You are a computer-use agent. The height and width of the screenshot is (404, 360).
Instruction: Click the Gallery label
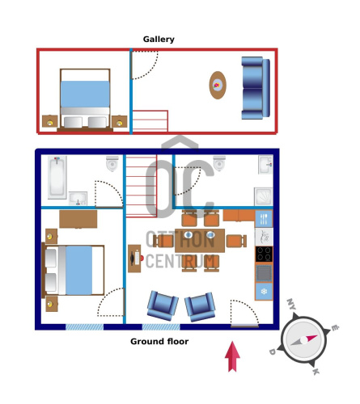coord(159,40)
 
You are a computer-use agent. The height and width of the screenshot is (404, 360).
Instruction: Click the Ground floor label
coord(159,342)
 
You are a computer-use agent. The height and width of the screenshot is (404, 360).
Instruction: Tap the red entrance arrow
coord(232,356)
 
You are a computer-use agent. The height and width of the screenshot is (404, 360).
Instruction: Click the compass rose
coord(304,339)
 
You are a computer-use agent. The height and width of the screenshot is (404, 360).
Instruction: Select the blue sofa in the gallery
coord(256,88)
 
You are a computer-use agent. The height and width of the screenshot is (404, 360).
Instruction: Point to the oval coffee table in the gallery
coord(218,85)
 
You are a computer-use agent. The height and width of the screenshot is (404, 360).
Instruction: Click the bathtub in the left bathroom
coord(57,178)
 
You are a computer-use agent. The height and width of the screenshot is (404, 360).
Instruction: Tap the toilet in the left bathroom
coord(112,163)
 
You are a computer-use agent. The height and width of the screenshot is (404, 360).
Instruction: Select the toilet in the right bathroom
coord(219,163)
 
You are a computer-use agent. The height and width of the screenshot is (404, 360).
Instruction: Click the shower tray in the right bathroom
coord(264,196)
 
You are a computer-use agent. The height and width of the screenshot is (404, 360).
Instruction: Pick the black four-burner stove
coord(264,254)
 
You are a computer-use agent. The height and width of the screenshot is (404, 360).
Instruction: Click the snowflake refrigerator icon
coord(264,291)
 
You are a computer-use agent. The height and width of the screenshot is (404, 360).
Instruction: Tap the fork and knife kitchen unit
coord(264,219)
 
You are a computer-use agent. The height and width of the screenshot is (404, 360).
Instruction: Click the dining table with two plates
coord(200,240)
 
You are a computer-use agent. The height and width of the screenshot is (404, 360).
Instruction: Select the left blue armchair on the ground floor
coord(163,305)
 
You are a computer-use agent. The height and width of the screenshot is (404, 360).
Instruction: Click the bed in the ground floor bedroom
coord(73,270)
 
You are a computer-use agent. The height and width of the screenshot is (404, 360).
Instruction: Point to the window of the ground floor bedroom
coord(84,327)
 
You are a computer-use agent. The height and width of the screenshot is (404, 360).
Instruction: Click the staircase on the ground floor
coord(142,186)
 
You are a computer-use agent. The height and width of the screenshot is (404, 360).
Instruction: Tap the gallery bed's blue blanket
coord(85,94)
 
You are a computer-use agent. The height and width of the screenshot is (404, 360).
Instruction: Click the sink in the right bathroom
coord(265,165)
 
